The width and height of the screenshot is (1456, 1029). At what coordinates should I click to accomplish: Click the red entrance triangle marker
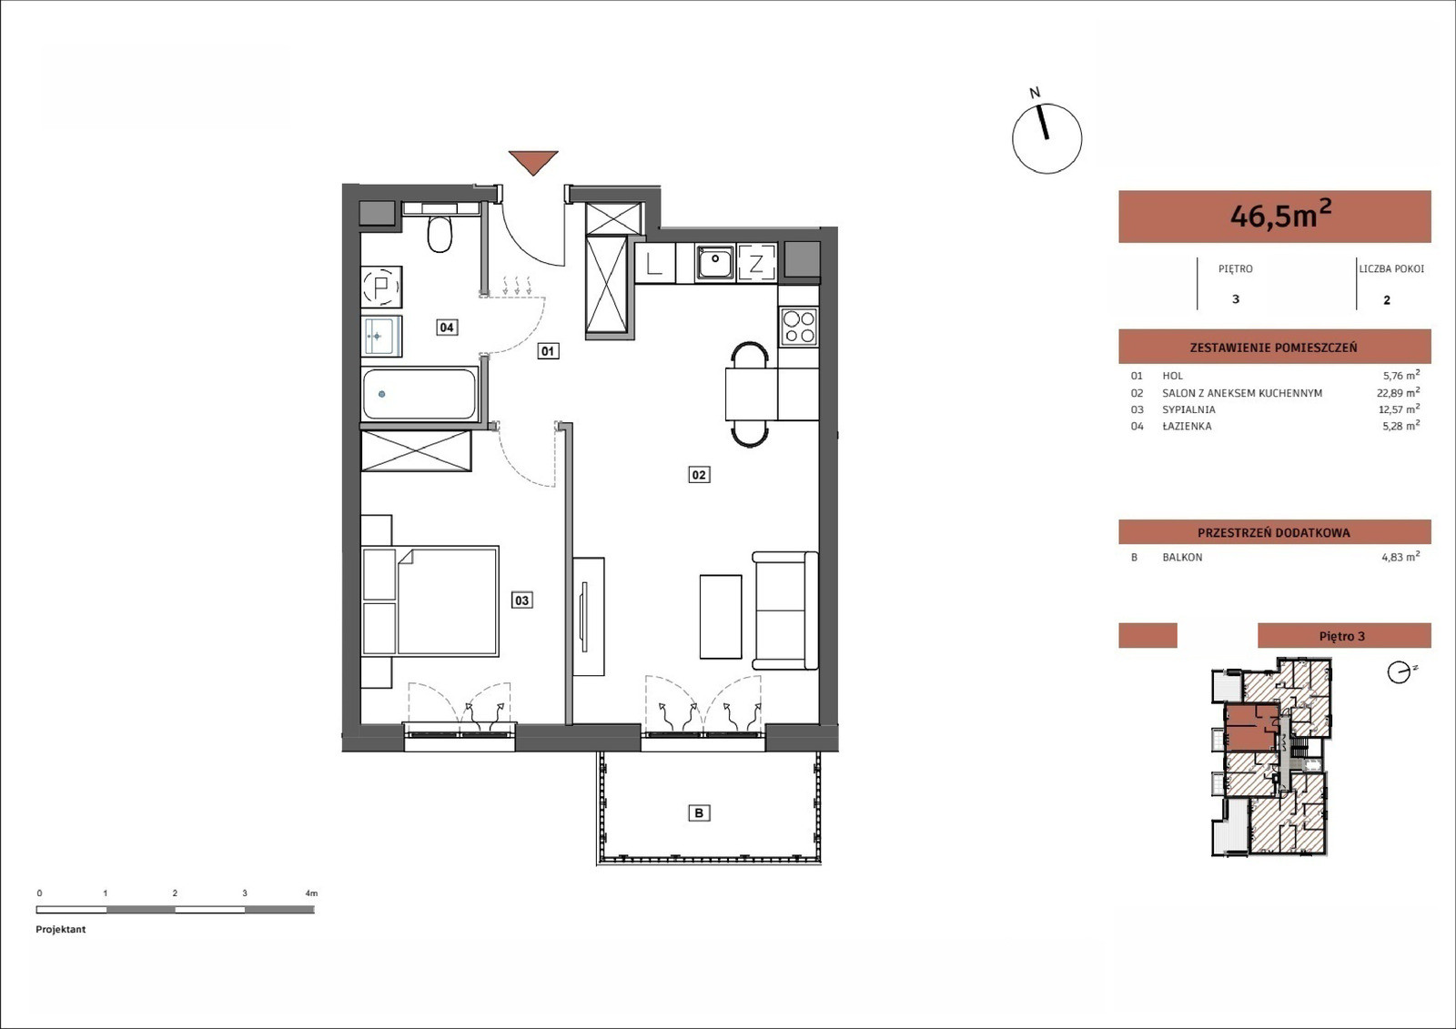(533, 161)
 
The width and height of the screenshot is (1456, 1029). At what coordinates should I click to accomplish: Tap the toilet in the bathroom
(440, 234)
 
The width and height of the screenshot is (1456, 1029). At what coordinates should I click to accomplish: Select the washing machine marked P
(381, 287)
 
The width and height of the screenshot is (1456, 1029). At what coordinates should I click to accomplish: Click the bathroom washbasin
(381, 336)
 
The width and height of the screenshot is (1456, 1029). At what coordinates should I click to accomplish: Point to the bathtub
(420, 394)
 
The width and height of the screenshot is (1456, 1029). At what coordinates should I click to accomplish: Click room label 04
(447, 327)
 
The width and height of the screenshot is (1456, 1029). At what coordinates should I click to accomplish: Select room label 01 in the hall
(548, 351)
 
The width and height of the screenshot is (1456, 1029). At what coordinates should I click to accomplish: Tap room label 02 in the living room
(699, 475)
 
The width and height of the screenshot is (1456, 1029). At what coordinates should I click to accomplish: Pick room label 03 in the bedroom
(522, 600)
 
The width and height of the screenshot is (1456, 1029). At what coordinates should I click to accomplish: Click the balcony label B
(699, 812)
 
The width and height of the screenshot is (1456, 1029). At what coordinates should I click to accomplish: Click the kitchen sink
(715, 263)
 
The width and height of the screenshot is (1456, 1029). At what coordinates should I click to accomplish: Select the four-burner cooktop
(799, 327)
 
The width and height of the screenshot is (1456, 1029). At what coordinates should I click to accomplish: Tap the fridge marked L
(655, 263)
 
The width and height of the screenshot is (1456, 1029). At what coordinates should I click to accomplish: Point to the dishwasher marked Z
(756, 263)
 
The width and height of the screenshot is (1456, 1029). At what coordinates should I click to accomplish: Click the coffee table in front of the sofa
(721, 617)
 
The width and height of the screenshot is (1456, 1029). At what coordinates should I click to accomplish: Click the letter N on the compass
(1035, 93)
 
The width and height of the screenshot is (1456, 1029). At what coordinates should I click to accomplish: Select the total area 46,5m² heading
(1280, 215)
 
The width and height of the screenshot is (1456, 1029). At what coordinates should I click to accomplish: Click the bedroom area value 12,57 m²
(1400, 409)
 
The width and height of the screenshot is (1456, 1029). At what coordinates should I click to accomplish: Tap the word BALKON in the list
(1182, 557)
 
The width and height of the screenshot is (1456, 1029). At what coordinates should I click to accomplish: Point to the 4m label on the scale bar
(311, 893)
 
